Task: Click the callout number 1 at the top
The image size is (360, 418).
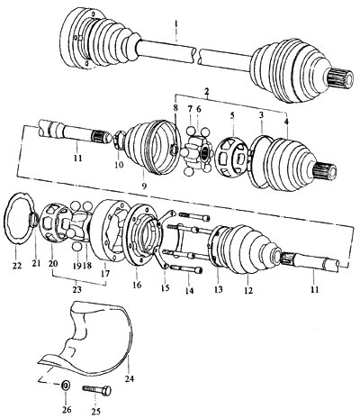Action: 176,23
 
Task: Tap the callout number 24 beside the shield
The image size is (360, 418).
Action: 129,378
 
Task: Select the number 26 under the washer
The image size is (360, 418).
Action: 67,409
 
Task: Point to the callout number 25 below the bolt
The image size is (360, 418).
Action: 96,412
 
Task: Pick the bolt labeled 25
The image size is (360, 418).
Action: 96,390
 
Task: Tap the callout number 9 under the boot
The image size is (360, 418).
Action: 144,186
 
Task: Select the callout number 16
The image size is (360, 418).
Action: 137,285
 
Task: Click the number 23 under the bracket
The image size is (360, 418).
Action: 77,289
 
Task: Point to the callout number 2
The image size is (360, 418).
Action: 206,90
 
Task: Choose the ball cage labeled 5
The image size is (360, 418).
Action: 232,158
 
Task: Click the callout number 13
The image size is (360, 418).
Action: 219,289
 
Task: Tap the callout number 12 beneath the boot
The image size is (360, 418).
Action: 248,290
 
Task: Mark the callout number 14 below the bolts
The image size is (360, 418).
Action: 189,290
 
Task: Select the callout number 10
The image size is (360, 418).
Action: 119,165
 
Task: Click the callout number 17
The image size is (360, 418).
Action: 105,274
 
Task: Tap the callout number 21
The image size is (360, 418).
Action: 36,263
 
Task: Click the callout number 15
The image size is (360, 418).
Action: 165,287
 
